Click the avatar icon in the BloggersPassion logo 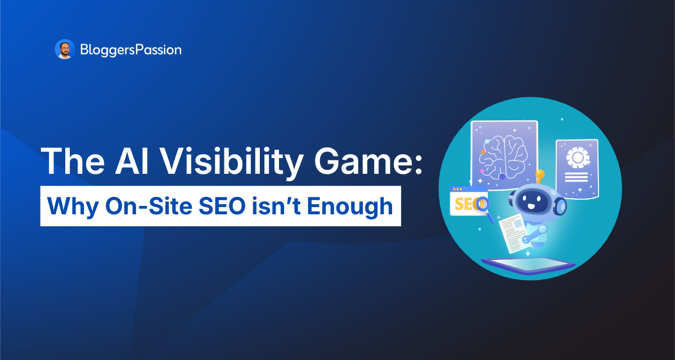tap(65, 50)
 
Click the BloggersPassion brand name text tap(130, 50)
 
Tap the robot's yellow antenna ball tap(540, 174)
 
